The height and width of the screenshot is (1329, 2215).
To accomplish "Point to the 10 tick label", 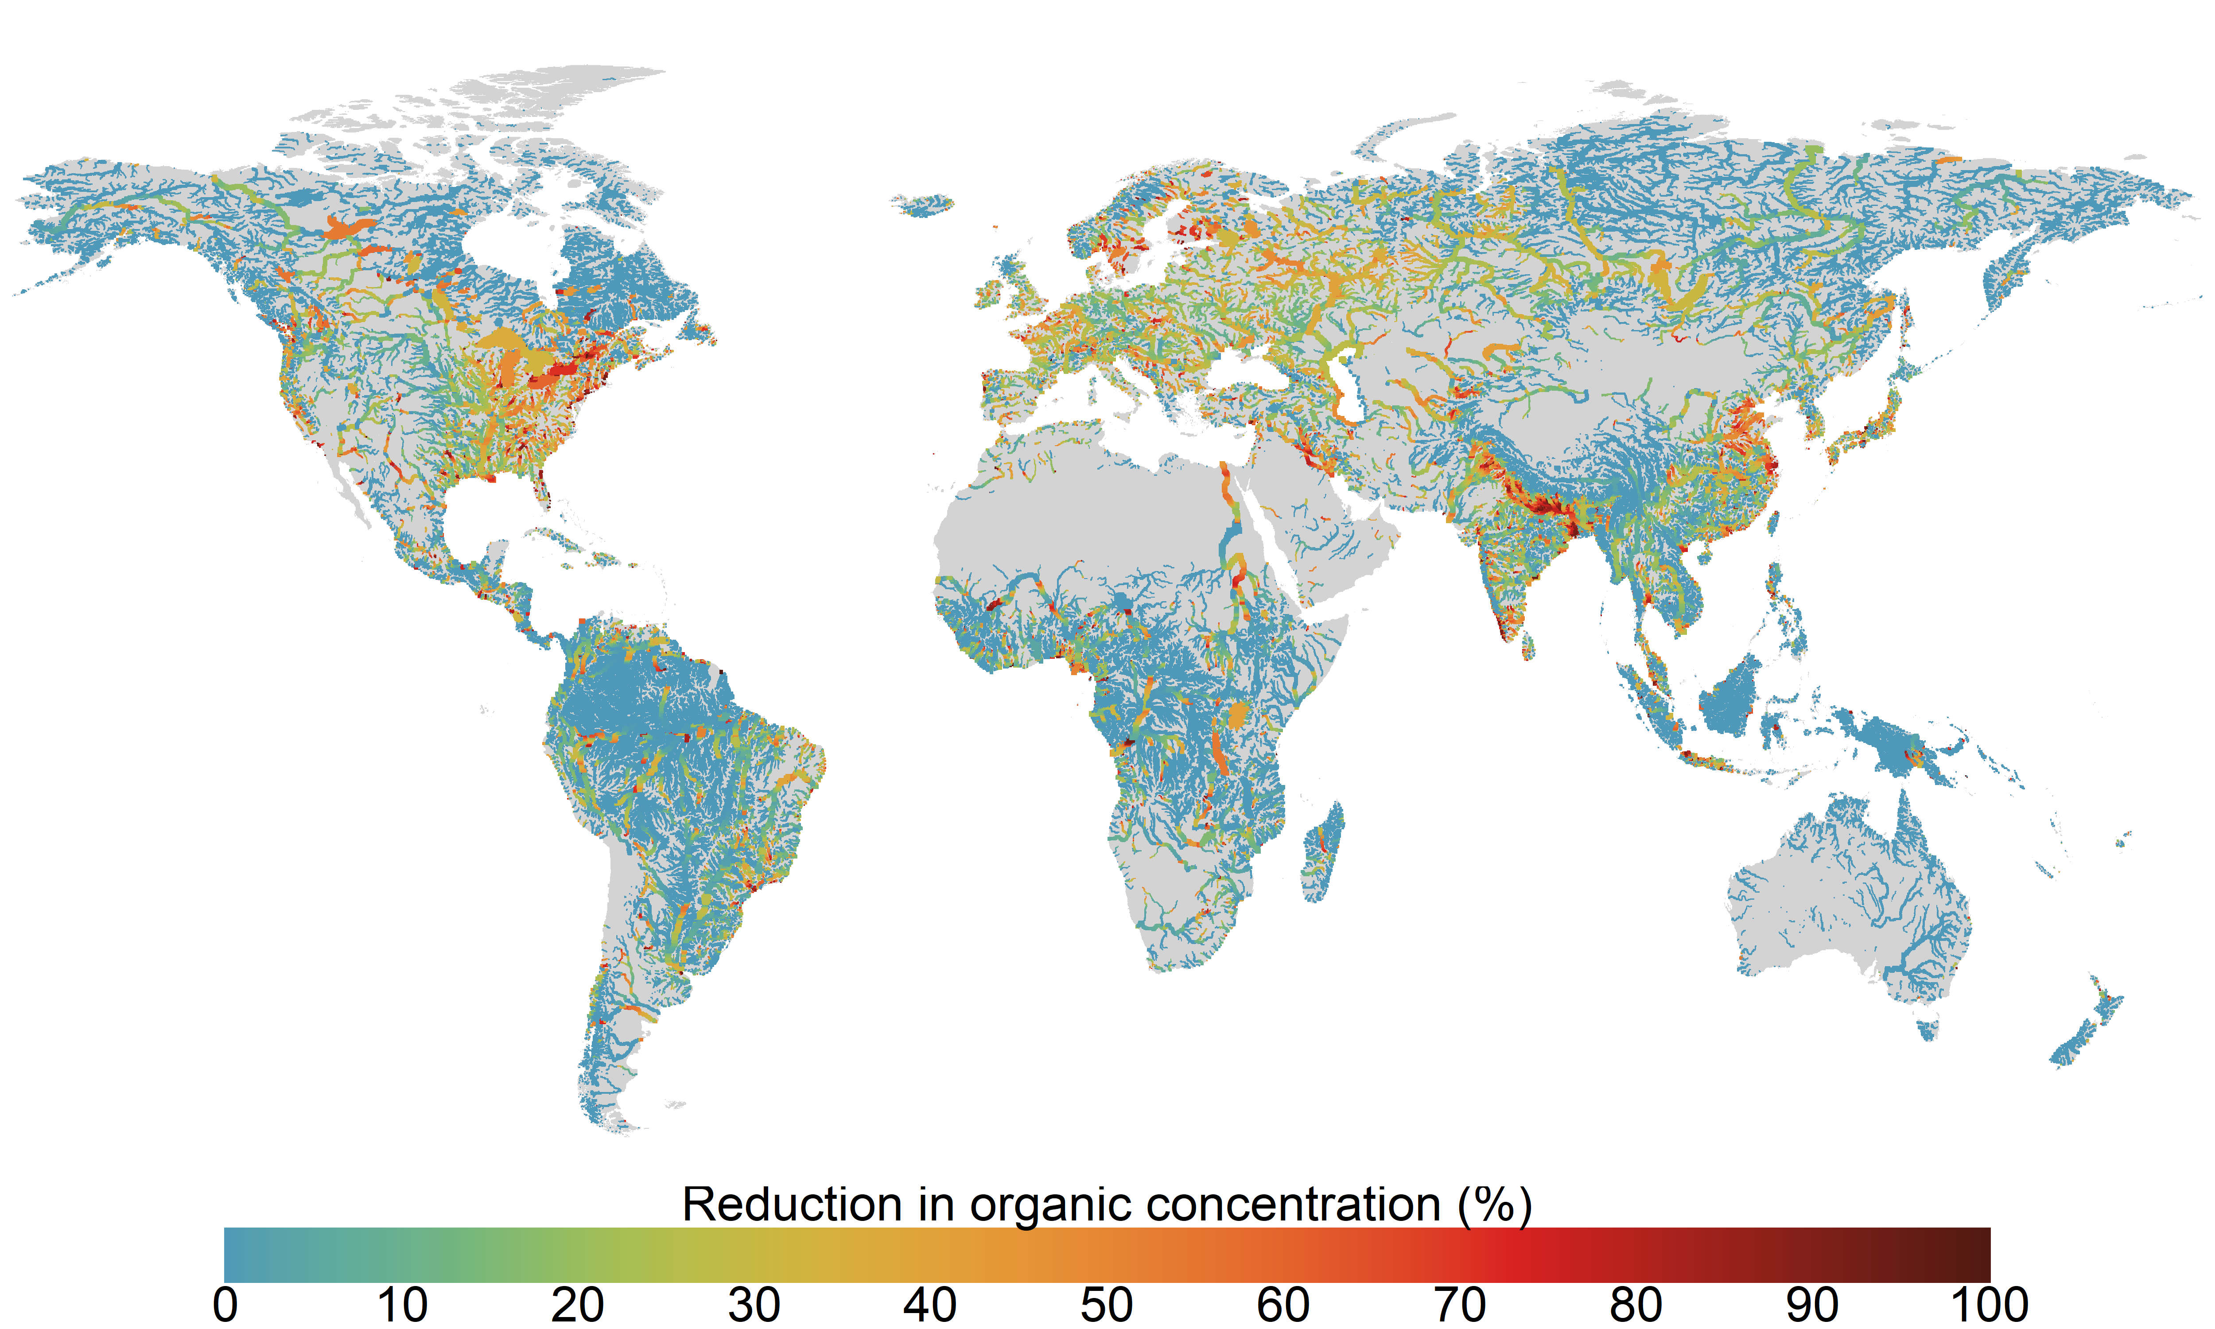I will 401,1305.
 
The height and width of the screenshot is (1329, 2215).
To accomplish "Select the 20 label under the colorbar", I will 578,1305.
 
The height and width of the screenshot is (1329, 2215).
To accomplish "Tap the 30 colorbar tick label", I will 754,1305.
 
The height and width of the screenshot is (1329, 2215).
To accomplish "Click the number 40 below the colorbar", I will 930,1305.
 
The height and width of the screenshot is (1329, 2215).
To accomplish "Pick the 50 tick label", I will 1107,1305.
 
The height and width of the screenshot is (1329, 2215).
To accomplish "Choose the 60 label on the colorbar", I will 1283,1305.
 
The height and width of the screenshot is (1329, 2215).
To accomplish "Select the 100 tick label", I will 1990,1305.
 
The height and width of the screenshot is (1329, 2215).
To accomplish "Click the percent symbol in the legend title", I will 1495,1205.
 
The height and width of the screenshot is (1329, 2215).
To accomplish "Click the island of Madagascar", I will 1323,851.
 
